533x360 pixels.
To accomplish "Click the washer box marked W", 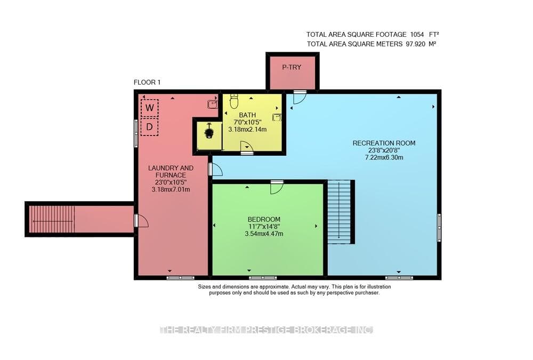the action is pyautogui.click(x=150, y=108).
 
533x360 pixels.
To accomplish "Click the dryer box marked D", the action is pyautogui.click(x=150, y=127).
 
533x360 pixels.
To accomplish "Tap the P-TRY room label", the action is pyautogui.click(x=292, y=67).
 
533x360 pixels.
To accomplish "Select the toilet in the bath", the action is pyautogui.click(x=234, y=101).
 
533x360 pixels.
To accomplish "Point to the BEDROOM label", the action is pyautogui.click(x=264, y=220).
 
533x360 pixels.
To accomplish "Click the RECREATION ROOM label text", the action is pyautogui.click(x=384, y=143).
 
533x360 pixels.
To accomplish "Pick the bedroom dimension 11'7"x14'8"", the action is pyautogui.click(x=264, y=227).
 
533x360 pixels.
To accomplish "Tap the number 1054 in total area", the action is pyautogui.click(x=417, y=34).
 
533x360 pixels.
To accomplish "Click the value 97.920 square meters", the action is pyautogui.click(x=415, y=44).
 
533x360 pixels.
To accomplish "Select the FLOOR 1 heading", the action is pyautogui.click(x=147, y=82).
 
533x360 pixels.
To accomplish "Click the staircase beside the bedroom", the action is pyautogui.click(x=339, y=212).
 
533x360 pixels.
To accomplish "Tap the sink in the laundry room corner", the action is pyautogui.click(x=213, y=104).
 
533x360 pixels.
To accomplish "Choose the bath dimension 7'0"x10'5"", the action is pyautogui.click(x=247, y=122).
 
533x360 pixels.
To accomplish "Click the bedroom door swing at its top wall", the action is pyautogui.click(x=277, y=188).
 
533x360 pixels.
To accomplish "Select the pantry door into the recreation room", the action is pyautogui.click(x=300, y=97).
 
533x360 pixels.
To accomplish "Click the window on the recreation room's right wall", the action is pyautogui.click(x=439, y=228).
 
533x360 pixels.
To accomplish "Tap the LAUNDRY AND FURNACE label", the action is pyautogui.click(x=171, y=172).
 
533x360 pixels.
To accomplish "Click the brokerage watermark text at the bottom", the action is pyautogui.click(x=266, y=330).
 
